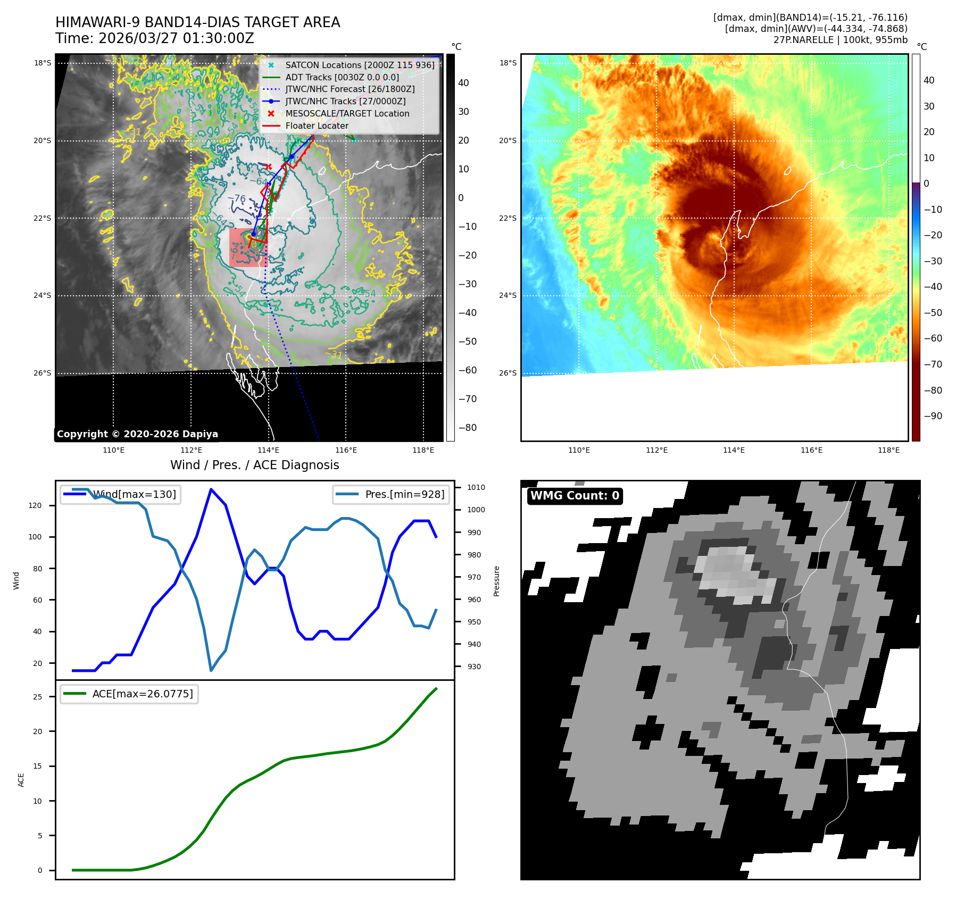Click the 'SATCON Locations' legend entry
click(360, 65)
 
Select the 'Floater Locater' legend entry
click(317, 126)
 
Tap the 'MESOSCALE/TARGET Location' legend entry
click(347, 114)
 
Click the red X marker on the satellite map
click(269, 167)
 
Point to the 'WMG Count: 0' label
click(575, 496)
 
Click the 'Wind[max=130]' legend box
click(120, 494)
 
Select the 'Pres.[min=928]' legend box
click(391, 494)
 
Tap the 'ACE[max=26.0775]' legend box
click(129, 694)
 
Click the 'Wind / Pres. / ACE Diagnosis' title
click(254, 465)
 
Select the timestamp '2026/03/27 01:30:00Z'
click(176, 39)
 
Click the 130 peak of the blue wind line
click(211, 489)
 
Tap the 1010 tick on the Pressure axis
click(476, 487)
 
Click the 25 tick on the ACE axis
click(38, 697)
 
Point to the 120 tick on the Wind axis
click(35, 505)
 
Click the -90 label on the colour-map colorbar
click(933, 416)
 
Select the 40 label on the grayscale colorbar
click(463, 83)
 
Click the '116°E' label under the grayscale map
click(346, 450)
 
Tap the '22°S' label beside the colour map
click(508, 218)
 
